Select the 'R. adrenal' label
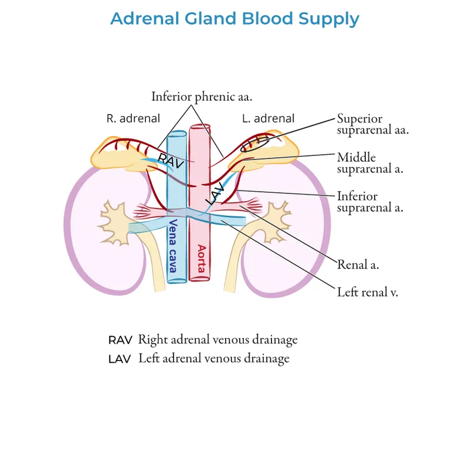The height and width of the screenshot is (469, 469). (133, 118)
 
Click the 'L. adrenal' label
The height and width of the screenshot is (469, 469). (268, 118)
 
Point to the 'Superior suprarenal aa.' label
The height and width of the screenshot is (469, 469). (372, 124)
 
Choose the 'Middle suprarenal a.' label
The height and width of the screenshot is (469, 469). (364, 163)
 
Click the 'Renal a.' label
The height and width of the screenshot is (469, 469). (358, 264)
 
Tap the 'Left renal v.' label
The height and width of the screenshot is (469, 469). (368, 291)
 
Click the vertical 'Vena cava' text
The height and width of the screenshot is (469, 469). (173, 246)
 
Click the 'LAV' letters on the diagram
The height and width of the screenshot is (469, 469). (215, 193)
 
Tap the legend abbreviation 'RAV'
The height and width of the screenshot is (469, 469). (121, 340)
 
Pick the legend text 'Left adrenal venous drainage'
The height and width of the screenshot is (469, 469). (213, 358)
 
